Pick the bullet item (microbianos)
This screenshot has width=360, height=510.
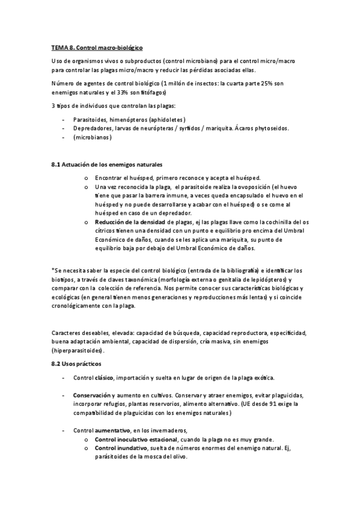pos(93,137)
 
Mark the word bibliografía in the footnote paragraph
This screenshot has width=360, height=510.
pos(231,271)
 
